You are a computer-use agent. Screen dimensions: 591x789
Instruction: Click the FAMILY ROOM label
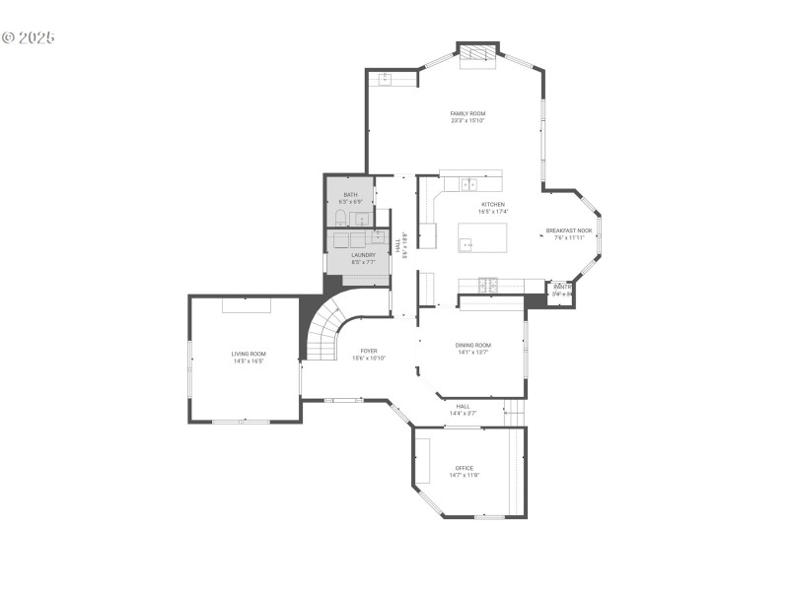click(x=467, y=113)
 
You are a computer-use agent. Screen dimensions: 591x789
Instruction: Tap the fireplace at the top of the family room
click(x=477, y=55)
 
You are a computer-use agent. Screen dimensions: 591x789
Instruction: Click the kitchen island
click(x=483, y=237)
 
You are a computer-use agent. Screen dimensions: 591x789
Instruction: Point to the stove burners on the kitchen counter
click(x=487, y=286)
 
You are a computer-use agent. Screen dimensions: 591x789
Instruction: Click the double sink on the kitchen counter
click(x=469, y=183)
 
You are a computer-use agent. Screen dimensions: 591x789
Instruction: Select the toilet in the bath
click(x=339, y=218)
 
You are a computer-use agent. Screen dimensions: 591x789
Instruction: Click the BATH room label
click(x=350, y=195)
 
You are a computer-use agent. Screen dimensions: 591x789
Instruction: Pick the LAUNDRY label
click(x=363, y=255)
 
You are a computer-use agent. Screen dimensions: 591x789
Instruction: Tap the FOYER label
click(x=369, y=351)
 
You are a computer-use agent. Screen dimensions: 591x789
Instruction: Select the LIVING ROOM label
click(x=249, y=354)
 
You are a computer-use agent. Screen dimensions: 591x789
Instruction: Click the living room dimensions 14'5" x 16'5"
click(x=249, y=361)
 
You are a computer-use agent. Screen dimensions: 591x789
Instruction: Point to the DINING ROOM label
click(x=473, y=345)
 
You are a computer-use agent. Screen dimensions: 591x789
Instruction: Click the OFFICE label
click(x=464, y=468)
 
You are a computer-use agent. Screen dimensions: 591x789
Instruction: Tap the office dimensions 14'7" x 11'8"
click(x=464, y=476)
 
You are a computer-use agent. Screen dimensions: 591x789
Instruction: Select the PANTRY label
click(x=562, y=287)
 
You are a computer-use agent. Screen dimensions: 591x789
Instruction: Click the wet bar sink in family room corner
click(x=384, y=78)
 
